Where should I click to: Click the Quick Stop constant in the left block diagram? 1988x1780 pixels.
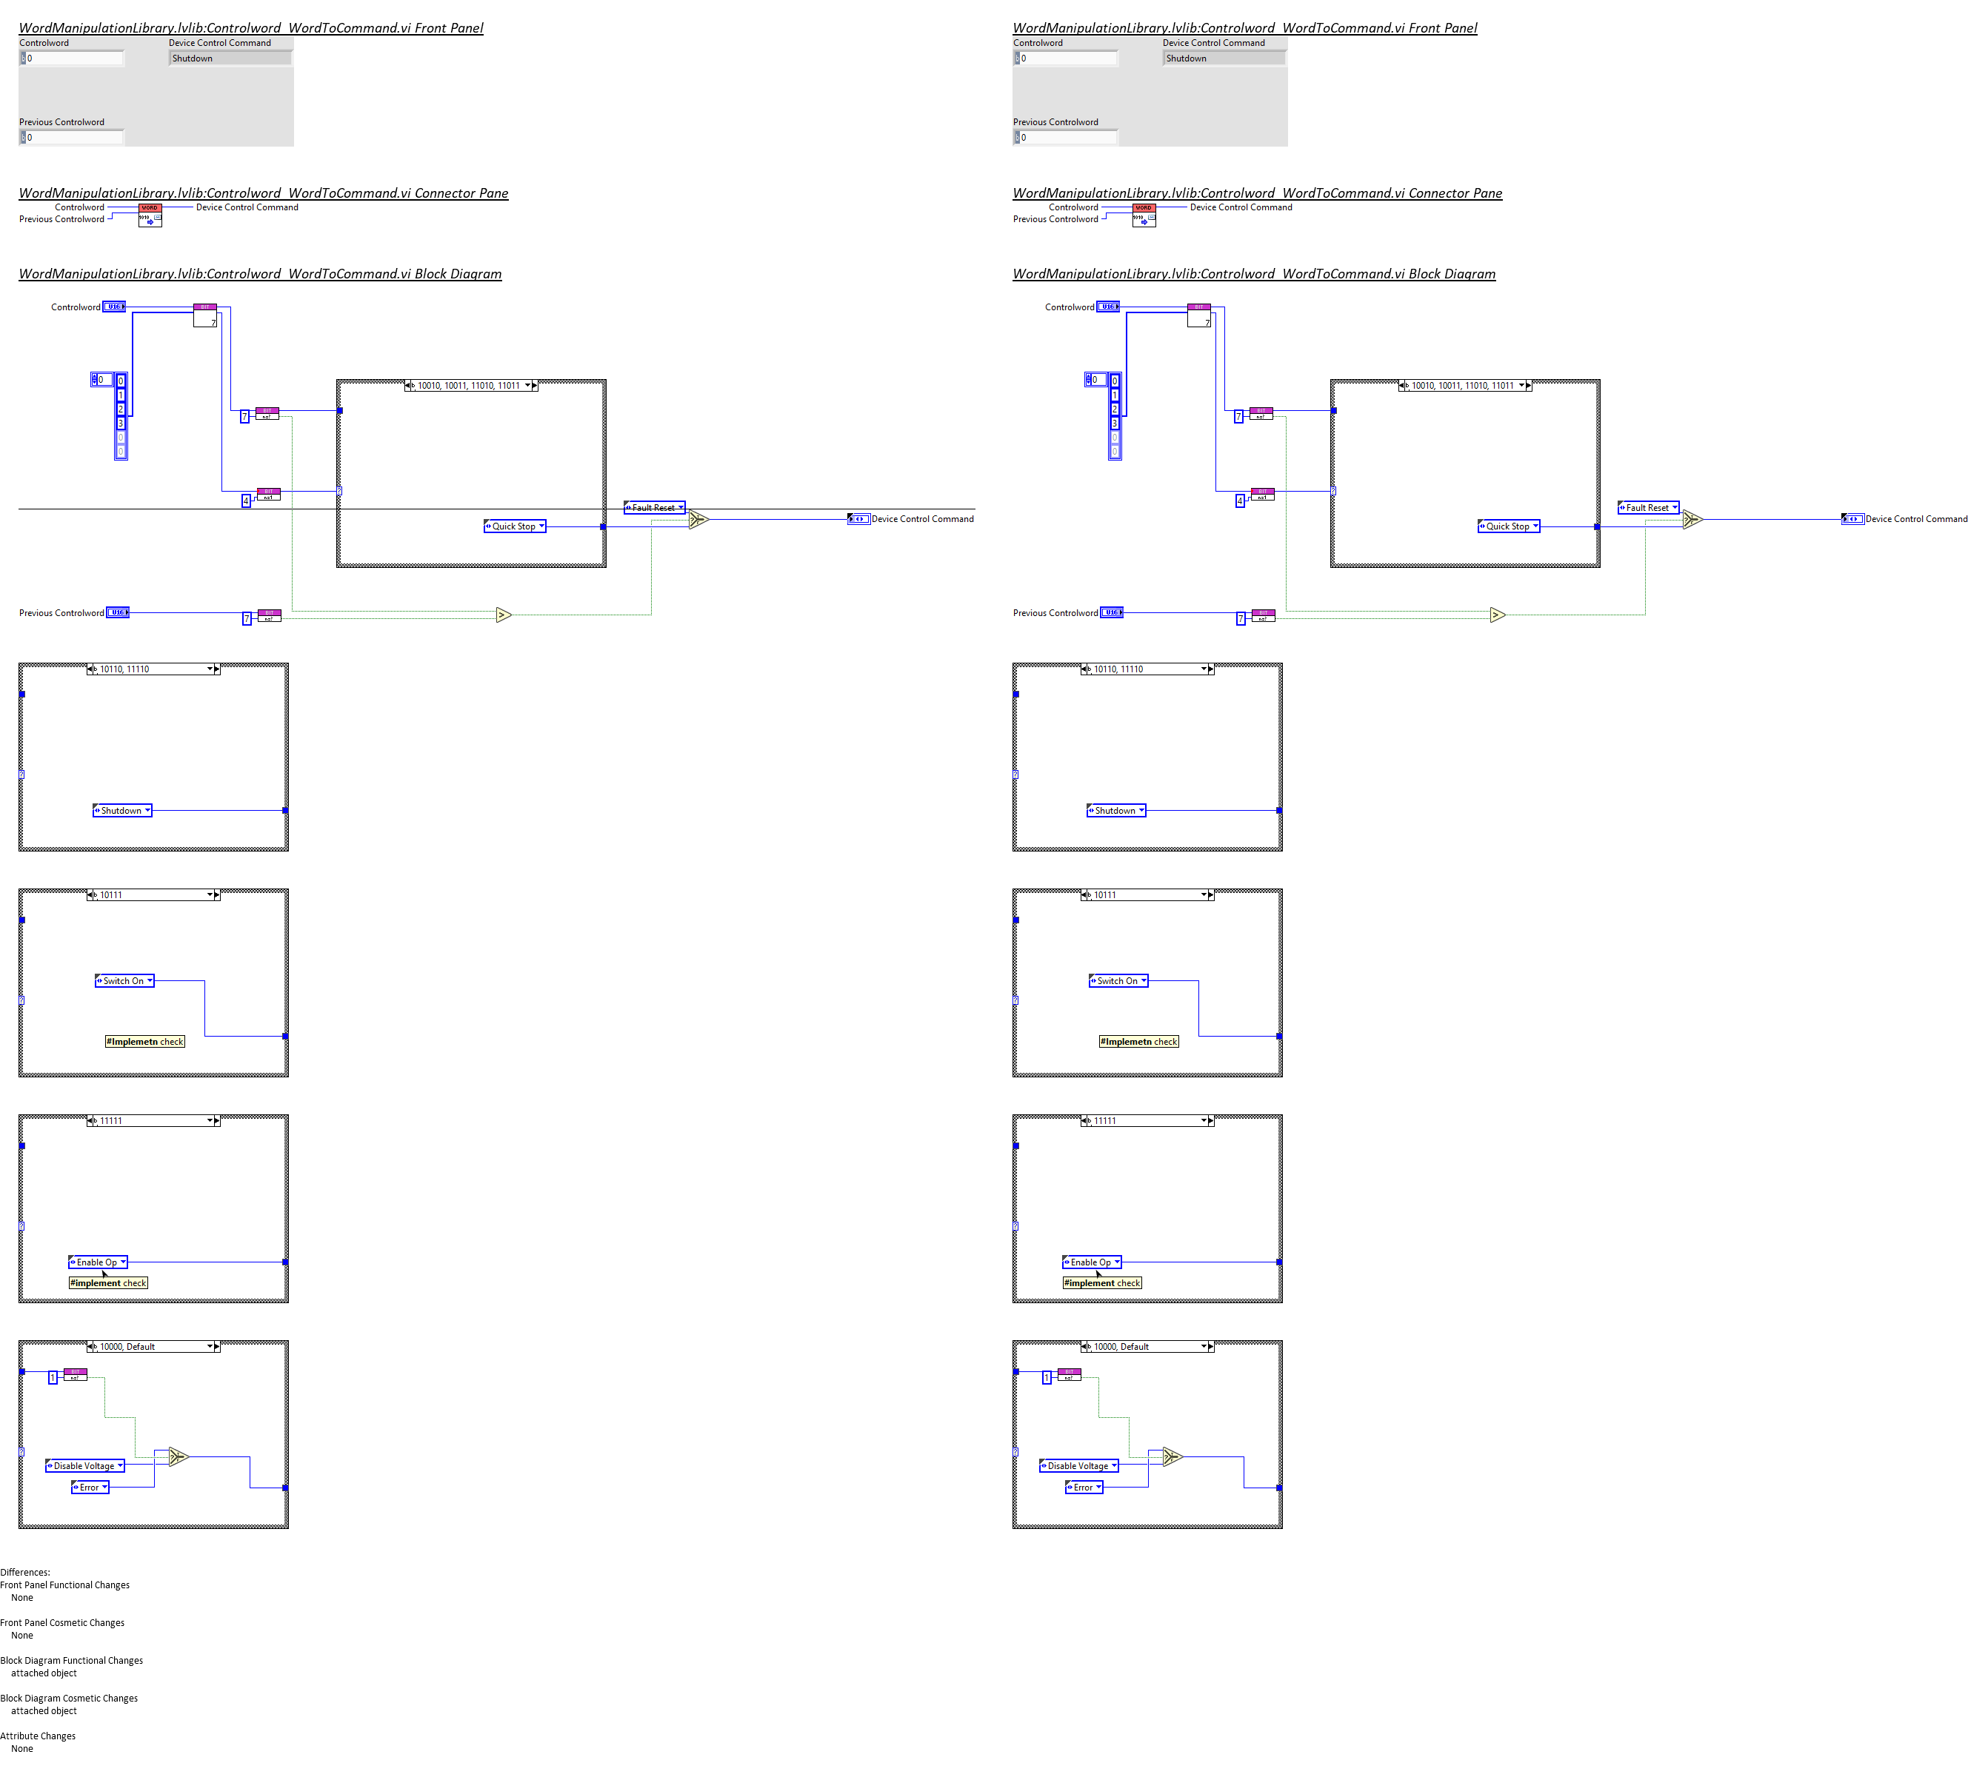tap(513, 526)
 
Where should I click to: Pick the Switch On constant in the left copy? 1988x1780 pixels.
tap(124, 981)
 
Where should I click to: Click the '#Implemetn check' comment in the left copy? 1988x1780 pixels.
tap(144, 1042)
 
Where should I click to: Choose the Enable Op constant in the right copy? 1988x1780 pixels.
tap(1091, 1262)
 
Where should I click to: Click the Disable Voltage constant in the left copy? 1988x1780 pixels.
tap(84, 1466)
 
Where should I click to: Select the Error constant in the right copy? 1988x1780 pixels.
tap(1083, 1488)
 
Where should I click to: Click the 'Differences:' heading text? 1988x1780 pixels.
tap(25, 1573)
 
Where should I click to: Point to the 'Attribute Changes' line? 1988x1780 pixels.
tap(39, 1736)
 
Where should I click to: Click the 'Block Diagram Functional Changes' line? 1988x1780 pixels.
tap(71, 1661)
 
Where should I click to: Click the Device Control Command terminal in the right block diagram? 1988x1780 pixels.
tap(1852, 519)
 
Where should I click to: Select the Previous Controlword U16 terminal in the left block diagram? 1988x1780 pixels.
tap(118, 613)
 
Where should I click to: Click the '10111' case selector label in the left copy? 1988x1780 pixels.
tap(112, 895)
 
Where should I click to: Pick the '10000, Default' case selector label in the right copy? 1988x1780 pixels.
tap(1121, 1347)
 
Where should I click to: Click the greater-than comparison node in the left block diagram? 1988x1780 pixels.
tap(503, 615)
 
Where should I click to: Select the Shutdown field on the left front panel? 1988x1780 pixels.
tap(230, 58)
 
